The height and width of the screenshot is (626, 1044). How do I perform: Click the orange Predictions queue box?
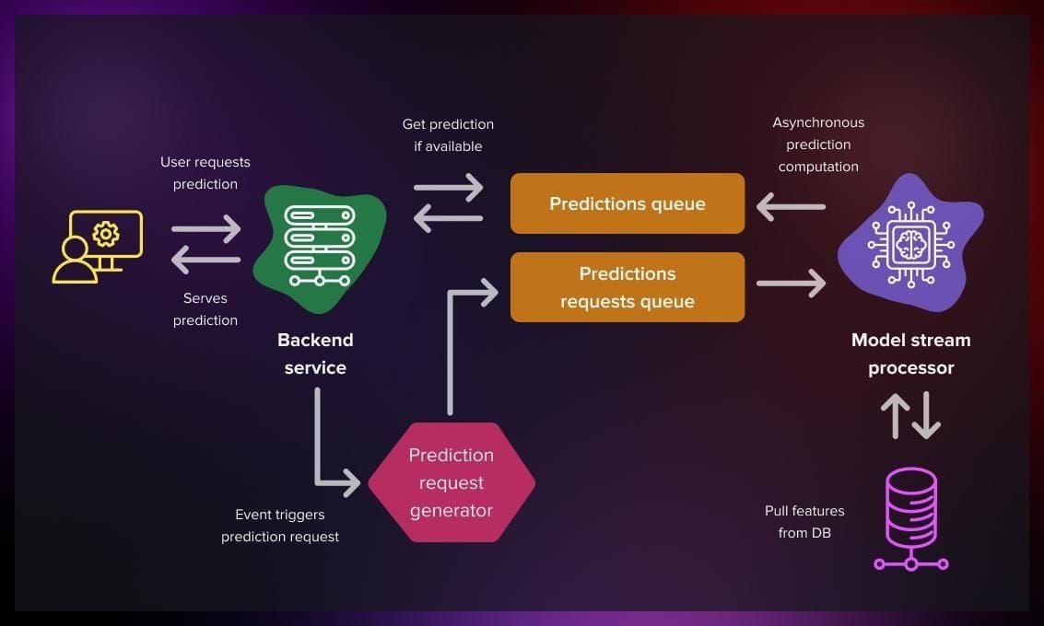(x=627, y=203)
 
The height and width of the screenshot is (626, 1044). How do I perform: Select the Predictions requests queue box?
(x=627, y=287)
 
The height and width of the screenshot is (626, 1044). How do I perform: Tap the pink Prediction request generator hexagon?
(x=452, y=482)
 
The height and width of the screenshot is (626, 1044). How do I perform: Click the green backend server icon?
(x=318, y=244)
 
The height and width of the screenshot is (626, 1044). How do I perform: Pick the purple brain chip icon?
(x=909, y=242)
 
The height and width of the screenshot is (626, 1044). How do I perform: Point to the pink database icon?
(x=910, y=518)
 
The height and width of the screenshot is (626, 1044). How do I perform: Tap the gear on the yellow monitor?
(x=106, y=234)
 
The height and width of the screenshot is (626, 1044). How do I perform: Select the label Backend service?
(x=315, y=354)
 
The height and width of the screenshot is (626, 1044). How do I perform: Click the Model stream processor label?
(x=910, y=354)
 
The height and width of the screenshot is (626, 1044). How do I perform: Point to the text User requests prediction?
(x=205, y=173)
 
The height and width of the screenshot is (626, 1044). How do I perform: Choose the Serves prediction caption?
(x=205, y=309)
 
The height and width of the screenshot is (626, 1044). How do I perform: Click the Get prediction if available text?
(x=448, y=135)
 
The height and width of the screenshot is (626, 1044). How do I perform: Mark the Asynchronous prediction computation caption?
(x=818, y=145)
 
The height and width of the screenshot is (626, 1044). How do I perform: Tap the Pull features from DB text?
(x=804, y=521)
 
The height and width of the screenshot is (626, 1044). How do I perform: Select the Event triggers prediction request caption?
(x=280, y=526)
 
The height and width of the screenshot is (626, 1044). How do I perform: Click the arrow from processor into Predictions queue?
(x=791, y=206)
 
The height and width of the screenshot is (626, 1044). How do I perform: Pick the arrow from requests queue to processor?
(x=791, y=284)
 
